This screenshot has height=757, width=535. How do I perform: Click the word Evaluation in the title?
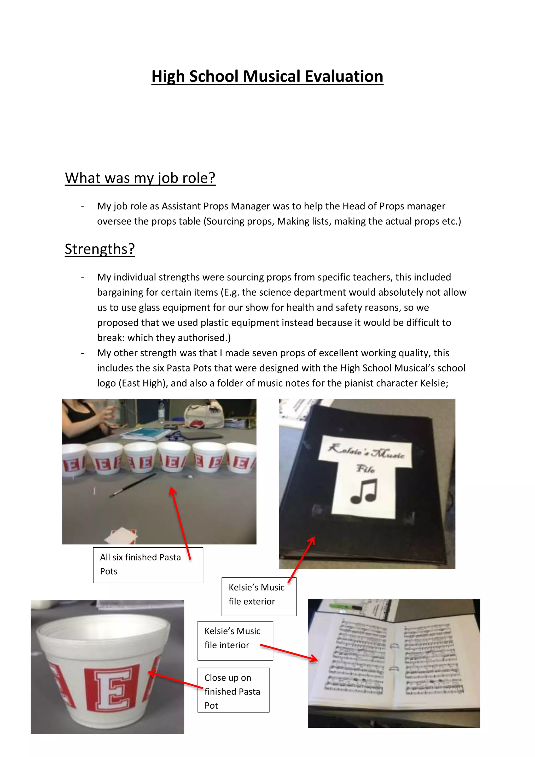coord(344,77)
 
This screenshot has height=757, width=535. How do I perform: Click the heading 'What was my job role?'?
coord(140,178)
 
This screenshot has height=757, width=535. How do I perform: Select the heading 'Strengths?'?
coord(100,249)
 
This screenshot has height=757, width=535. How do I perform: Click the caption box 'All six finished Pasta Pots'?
coord(148,565)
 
